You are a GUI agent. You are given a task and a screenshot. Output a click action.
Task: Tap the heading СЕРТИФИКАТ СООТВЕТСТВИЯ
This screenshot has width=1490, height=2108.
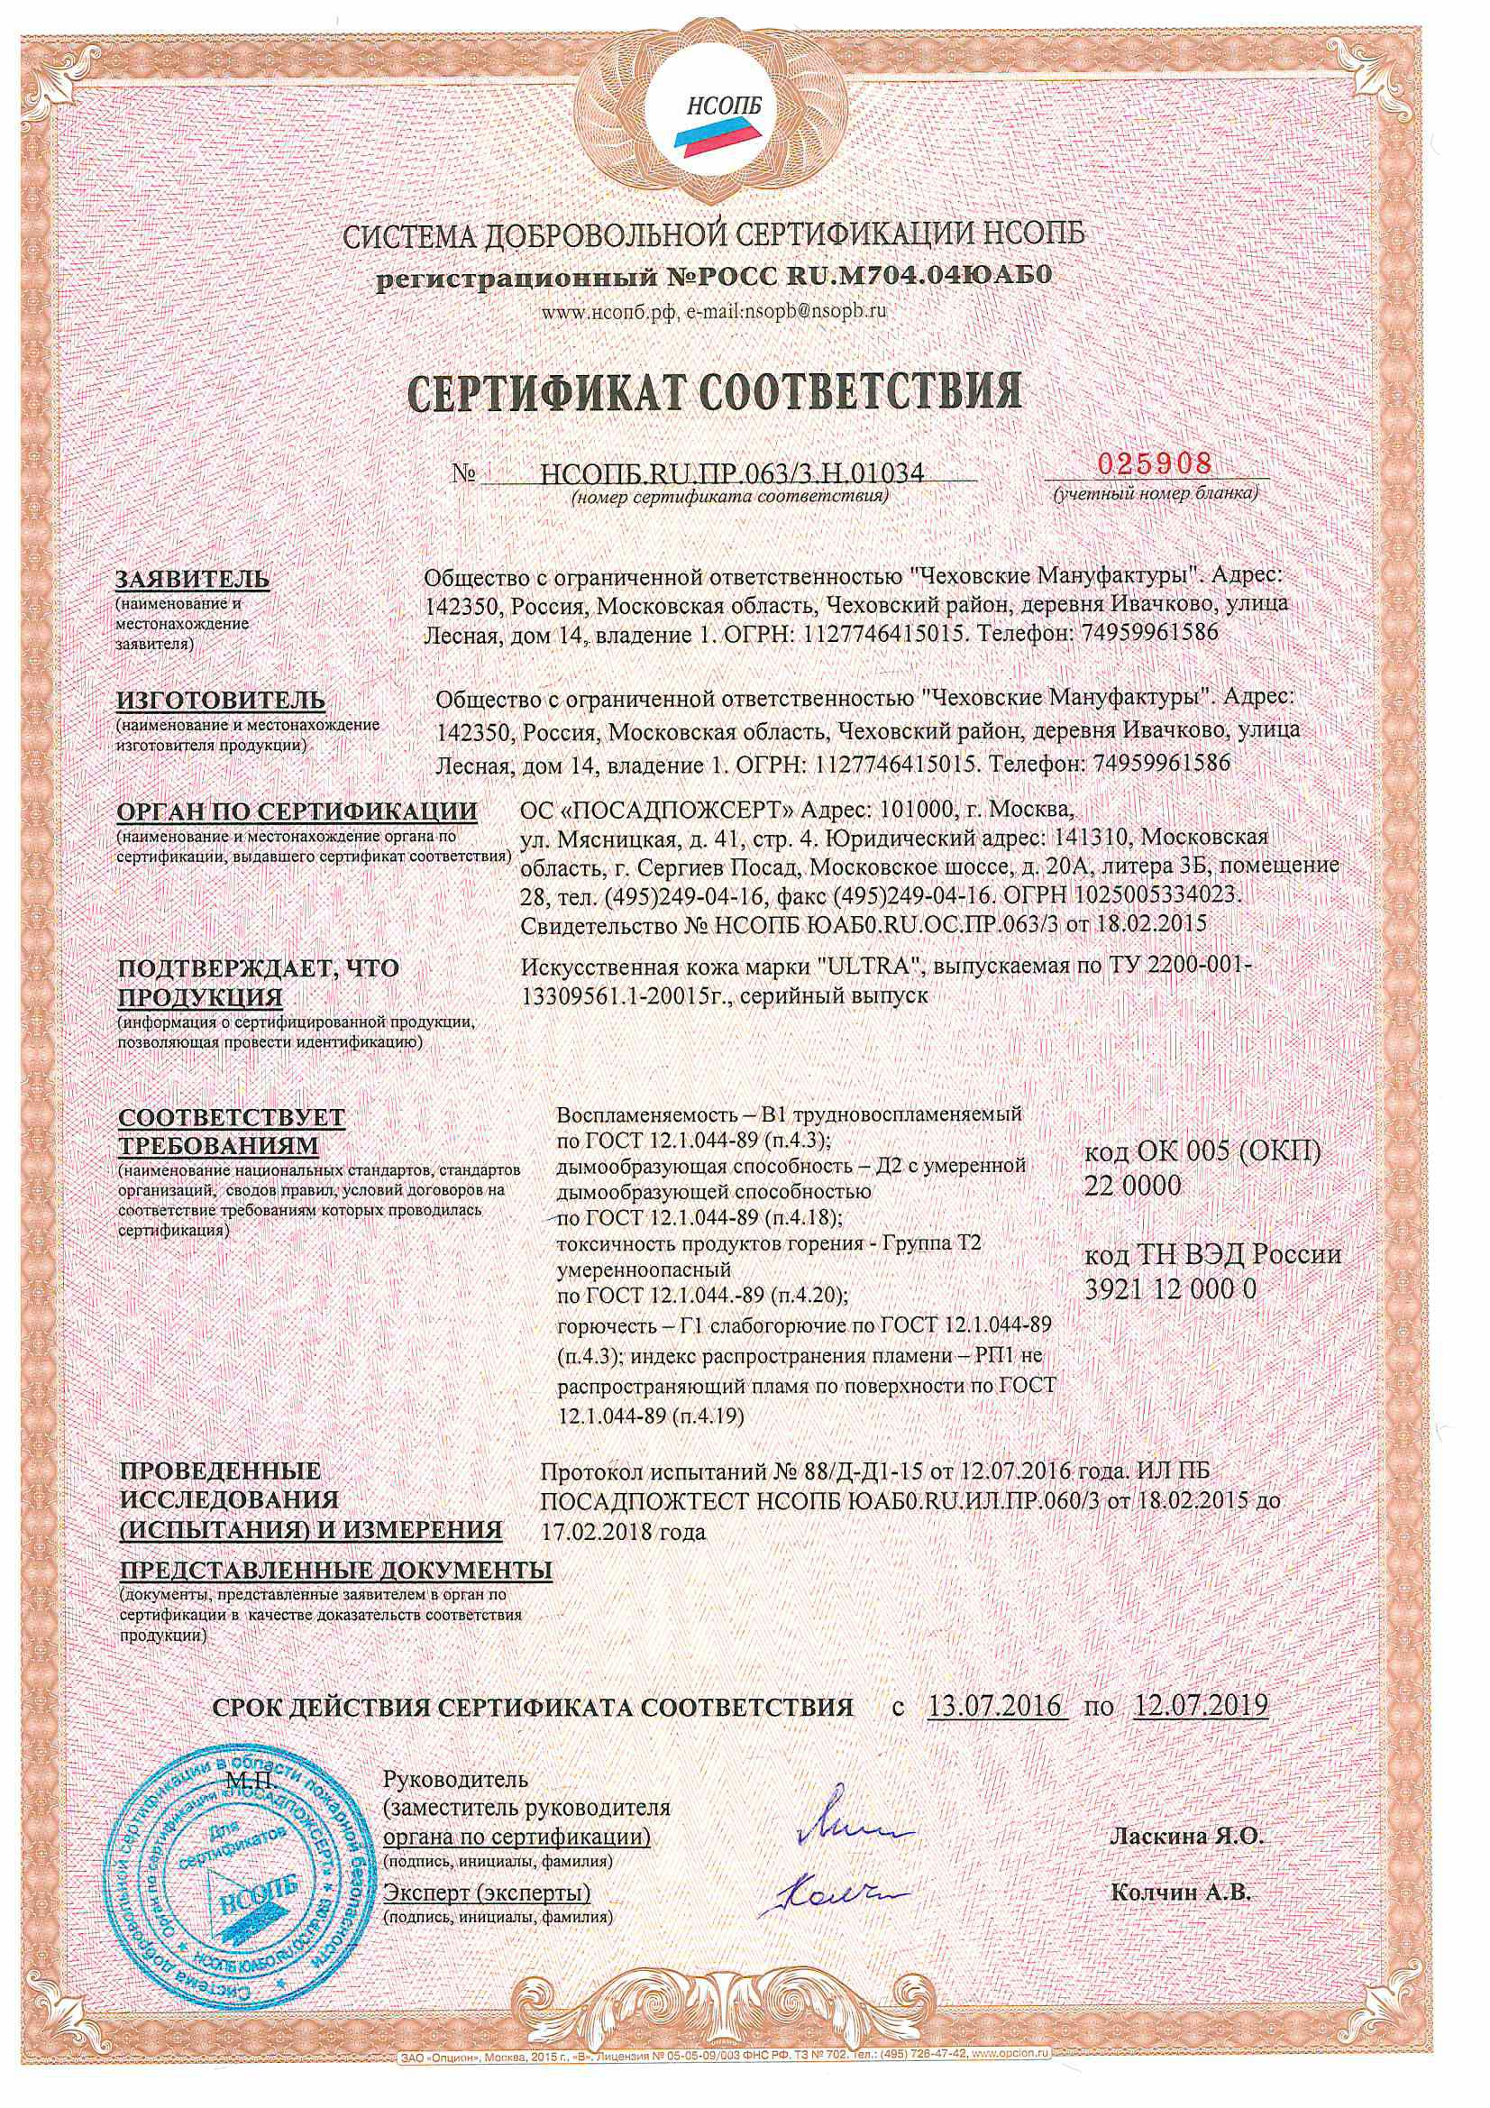(x=715, y=391)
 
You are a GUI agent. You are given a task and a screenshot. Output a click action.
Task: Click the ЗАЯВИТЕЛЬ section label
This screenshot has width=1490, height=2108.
(x=193, y=580)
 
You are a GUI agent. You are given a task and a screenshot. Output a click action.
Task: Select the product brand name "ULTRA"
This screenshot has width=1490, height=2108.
(x=880, y=968)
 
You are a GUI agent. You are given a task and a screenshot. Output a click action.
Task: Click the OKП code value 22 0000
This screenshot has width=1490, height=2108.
(x=1133, y=1186)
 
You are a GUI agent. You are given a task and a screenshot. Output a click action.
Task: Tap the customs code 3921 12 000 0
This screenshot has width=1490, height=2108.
(x=1171, y=1290)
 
